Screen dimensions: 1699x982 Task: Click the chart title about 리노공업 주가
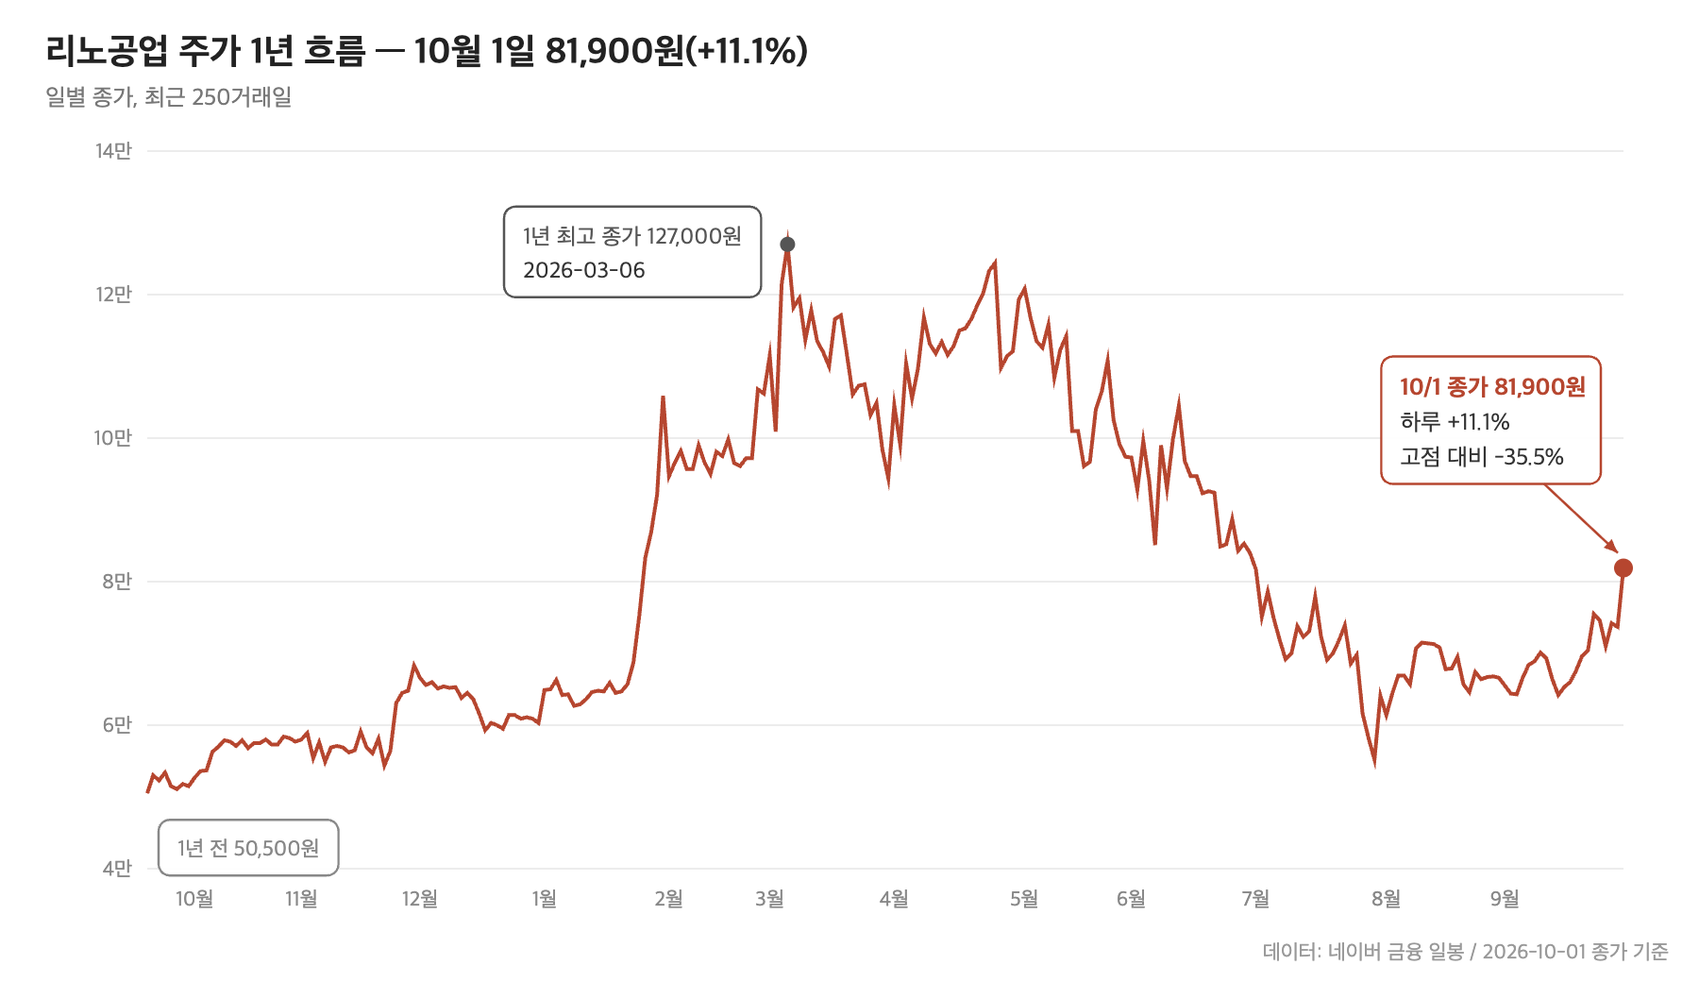427,51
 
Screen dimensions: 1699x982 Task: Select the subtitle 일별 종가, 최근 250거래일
168,97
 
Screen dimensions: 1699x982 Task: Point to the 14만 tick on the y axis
113,151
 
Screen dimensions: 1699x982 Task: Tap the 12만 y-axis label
113,295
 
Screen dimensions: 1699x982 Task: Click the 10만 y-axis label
112,438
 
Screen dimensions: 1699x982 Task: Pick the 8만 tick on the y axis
117,582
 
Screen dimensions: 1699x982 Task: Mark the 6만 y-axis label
117,725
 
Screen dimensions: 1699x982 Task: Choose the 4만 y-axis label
117,869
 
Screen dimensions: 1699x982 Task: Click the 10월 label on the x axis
194,899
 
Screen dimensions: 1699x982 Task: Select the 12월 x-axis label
420,899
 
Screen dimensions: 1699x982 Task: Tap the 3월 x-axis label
770,899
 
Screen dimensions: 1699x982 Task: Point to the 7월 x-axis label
1255,899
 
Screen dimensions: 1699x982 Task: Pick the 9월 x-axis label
1505,899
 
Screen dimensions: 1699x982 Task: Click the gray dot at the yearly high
787,245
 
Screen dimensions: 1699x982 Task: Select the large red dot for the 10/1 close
1623,567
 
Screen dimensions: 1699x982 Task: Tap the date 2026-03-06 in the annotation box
584,270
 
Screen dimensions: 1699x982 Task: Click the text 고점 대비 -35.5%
1482,457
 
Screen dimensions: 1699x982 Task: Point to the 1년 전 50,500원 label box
248,848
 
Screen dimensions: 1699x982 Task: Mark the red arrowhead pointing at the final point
1612,548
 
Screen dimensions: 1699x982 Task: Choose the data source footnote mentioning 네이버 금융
1466,952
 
